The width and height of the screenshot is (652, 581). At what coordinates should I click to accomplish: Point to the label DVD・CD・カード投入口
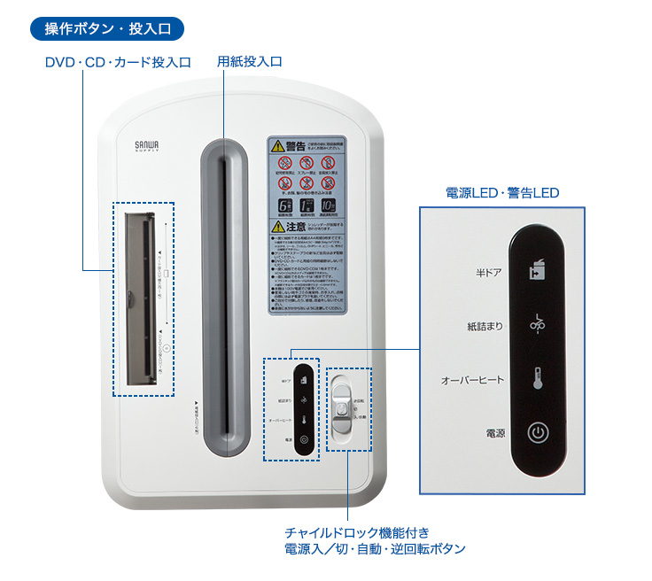coord(118,63)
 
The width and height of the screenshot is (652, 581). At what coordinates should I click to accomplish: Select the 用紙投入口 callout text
coord(250,63)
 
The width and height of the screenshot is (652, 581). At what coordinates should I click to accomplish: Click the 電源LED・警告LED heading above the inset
coord(501,192)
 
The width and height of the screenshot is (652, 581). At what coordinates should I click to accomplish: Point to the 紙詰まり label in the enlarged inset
coord(485,326)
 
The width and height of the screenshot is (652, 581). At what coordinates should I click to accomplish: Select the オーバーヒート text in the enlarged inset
coord(473,380)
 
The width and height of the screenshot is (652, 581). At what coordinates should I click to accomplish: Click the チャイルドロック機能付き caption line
coord(357,532)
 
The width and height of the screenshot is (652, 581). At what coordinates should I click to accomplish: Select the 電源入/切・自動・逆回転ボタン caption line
coord(375,549)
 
